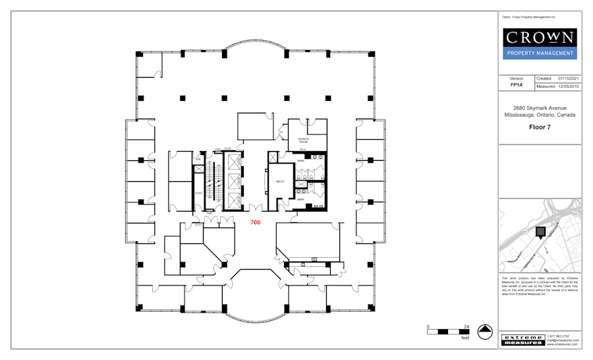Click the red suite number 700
coord(255,223)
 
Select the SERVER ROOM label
coord(303,140)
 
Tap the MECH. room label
coord(279,181)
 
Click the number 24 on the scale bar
coord(466,326)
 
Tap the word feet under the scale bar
coord(465,338)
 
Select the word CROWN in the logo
coord(540,38)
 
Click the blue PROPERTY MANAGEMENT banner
coord(540,53)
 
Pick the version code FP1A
coord(517,86)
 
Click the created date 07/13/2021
coord(568,78)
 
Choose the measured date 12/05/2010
coord(568,86)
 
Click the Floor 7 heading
coord(540,127)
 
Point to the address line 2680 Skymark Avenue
coord(540,108)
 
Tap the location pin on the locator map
coord(540,232)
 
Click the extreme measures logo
coord(522,340)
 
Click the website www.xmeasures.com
coord(562,344)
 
